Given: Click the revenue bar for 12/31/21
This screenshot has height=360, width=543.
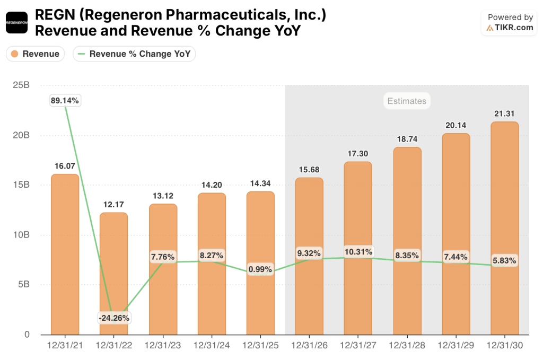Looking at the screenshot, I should coord(65,254).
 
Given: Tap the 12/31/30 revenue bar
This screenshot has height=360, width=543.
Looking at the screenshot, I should coord(504,228).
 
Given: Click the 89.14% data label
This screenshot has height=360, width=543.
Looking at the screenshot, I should coord(65,100).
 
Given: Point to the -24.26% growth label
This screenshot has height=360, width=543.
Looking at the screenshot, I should coord(113,318).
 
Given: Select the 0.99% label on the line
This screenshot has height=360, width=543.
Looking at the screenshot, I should coord(260,269).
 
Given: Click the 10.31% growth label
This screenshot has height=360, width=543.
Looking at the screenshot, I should coord(358,252).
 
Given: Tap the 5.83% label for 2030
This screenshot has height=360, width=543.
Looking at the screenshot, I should coord(504,261).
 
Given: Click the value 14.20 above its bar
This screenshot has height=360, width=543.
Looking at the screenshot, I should coord(211,185).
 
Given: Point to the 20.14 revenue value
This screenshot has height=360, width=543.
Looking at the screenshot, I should coord(456,125).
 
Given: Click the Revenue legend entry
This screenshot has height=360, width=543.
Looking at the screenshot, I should coord(36,54).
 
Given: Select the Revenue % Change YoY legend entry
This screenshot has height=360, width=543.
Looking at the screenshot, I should coord(135,54).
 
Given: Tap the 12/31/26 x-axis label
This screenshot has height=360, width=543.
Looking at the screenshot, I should coord(309,345).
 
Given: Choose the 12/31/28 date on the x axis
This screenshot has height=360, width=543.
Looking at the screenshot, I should coord(407,345).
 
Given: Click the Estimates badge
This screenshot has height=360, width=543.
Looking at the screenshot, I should coord(407,101).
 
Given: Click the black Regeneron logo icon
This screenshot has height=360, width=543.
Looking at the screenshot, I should coord(16,22).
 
